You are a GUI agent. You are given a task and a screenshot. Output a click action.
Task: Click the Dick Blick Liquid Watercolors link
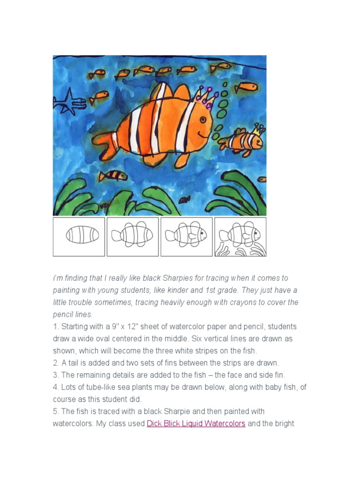[196, 424]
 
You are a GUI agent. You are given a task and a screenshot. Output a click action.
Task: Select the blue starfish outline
[70, 101]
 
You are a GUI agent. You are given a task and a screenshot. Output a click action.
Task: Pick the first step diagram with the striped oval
[79, 236]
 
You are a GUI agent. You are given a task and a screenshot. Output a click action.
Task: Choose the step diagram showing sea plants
[240, 236]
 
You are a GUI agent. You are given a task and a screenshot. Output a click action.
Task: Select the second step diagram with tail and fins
[133, 236]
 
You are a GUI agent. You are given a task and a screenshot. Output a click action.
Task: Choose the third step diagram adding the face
[187, 236]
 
